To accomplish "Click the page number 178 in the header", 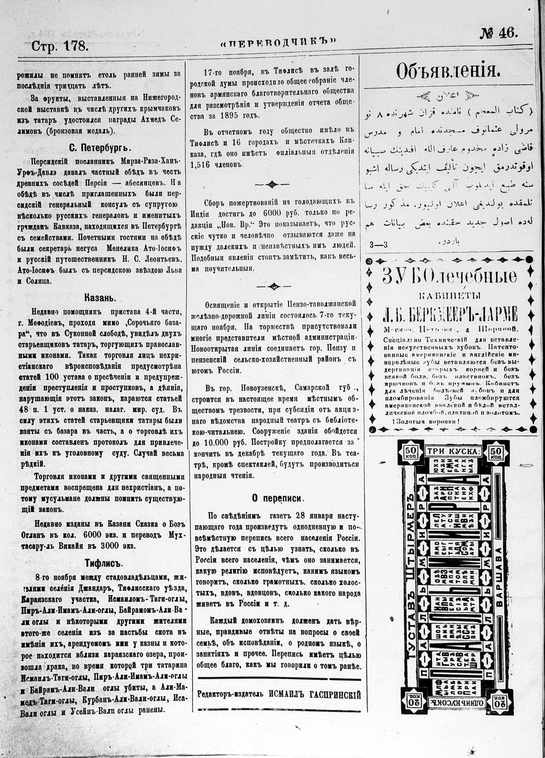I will [x=76, y=46].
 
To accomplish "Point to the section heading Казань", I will [x=100, y=298].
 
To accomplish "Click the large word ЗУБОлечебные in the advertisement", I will [x=449, y=277].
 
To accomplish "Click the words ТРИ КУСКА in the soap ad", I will [x=453, y=451].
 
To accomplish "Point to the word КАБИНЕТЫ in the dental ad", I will [x=449, y=296].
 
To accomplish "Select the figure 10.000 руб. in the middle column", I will [x=217, y=443].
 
